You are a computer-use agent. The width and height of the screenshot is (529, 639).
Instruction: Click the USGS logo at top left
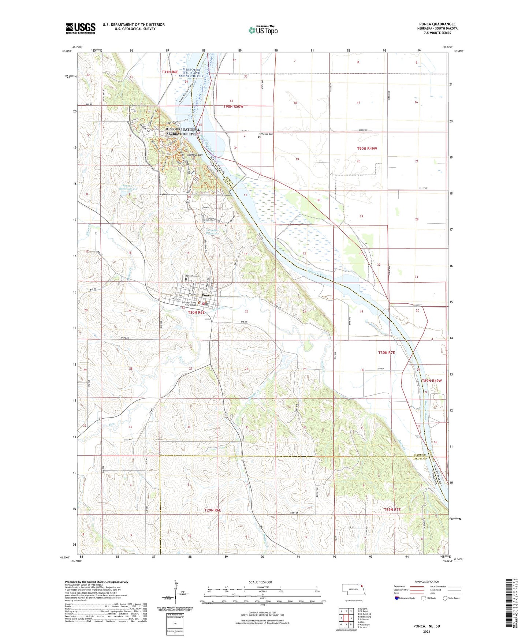tap(81, 28)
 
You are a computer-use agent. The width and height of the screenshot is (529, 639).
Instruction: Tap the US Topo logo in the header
tap(263, 30)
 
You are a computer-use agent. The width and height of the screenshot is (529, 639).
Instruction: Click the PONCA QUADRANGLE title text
tap(437, 24)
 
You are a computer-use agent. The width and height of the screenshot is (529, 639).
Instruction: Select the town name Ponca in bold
tap(206, 295)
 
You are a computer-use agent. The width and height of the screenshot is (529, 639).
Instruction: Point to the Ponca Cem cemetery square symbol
tap(186, 280)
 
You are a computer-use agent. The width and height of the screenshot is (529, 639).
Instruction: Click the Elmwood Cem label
tap(266, 134)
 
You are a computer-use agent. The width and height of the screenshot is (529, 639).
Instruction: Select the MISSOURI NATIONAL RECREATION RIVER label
tap(183, 131)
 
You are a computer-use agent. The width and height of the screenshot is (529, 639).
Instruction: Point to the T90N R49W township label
tap(367, 149)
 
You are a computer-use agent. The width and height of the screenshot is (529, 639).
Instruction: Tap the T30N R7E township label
tap(386, 352)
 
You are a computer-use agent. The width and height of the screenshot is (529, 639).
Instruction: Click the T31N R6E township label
tap(170, 72)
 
